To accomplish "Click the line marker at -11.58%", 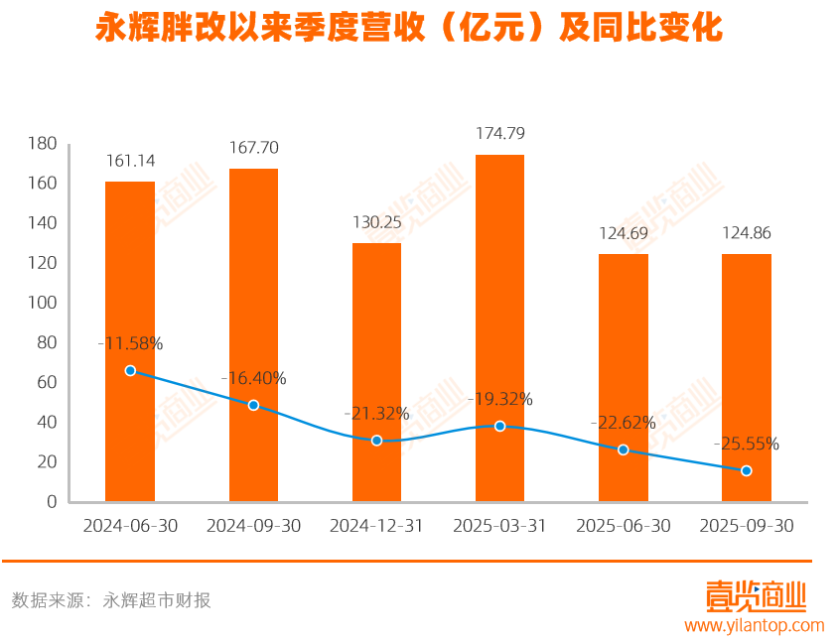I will tap(130, 370).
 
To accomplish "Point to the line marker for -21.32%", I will tap(376, 440).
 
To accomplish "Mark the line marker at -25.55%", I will tap(747, 470).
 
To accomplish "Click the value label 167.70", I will tap(253, 148).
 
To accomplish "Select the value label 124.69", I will tap(624, 234).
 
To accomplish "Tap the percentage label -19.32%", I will tap(499, 399).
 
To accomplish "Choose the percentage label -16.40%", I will tap(253, 378).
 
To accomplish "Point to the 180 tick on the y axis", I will tap(43, 144).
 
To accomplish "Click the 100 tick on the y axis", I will tap(43, 303).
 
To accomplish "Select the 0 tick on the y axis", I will tap(51, 501).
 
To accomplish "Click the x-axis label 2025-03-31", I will tap(499, 526).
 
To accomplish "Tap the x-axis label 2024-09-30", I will tap(253, 526).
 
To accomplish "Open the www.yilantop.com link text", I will tap(755, 625).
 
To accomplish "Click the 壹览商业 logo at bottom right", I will tap(756, 596).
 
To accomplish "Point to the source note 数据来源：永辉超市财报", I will tap(111, 599).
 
